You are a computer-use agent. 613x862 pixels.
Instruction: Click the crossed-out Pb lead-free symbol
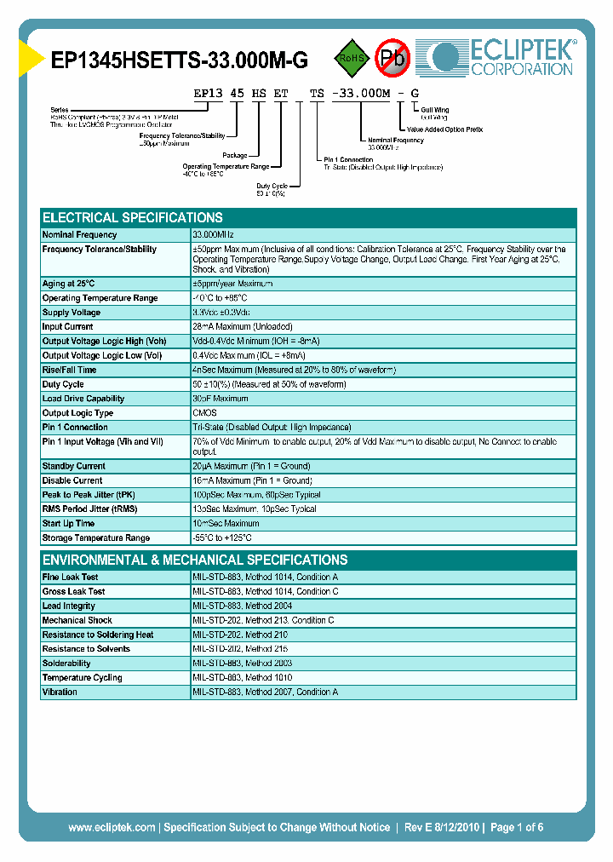click(x=393, y=58)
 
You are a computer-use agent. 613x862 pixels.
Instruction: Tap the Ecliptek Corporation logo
click(x=503, y=58)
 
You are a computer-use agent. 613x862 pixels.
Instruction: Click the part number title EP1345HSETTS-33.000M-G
click(x=180, y=60)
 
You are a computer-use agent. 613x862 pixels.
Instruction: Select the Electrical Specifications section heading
click(x=133, y=217)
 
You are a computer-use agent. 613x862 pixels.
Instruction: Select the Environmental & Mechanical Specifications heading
click(x=195, y=560)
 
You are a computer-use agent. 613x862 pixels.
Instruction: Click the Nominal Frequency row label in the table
click(x=80, y=234)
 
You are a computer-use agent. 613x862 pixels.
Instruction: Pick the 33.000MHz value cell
click(x=213, y=234)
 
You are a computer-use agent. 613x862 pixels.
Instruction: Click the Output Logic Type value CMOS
click(x=204, y=413)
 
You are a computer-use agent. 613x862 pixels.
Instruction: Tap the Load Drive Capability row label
click(x=83, y=399)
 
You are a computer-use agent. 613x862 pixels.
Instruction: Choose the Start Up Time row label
click(x=68, y=524)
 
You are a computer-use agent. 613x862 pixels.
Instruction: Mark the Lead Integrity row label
click(x=68, y=606)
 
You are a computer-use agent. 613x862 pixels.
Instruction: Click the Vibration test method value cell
click(x=265, y=692)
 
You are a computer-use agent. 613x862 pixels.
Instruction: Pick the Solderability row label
click(x=66, y=664)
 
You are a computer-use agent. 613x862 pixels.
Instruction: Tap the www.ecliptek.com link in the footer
click(x=112, y=827)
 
